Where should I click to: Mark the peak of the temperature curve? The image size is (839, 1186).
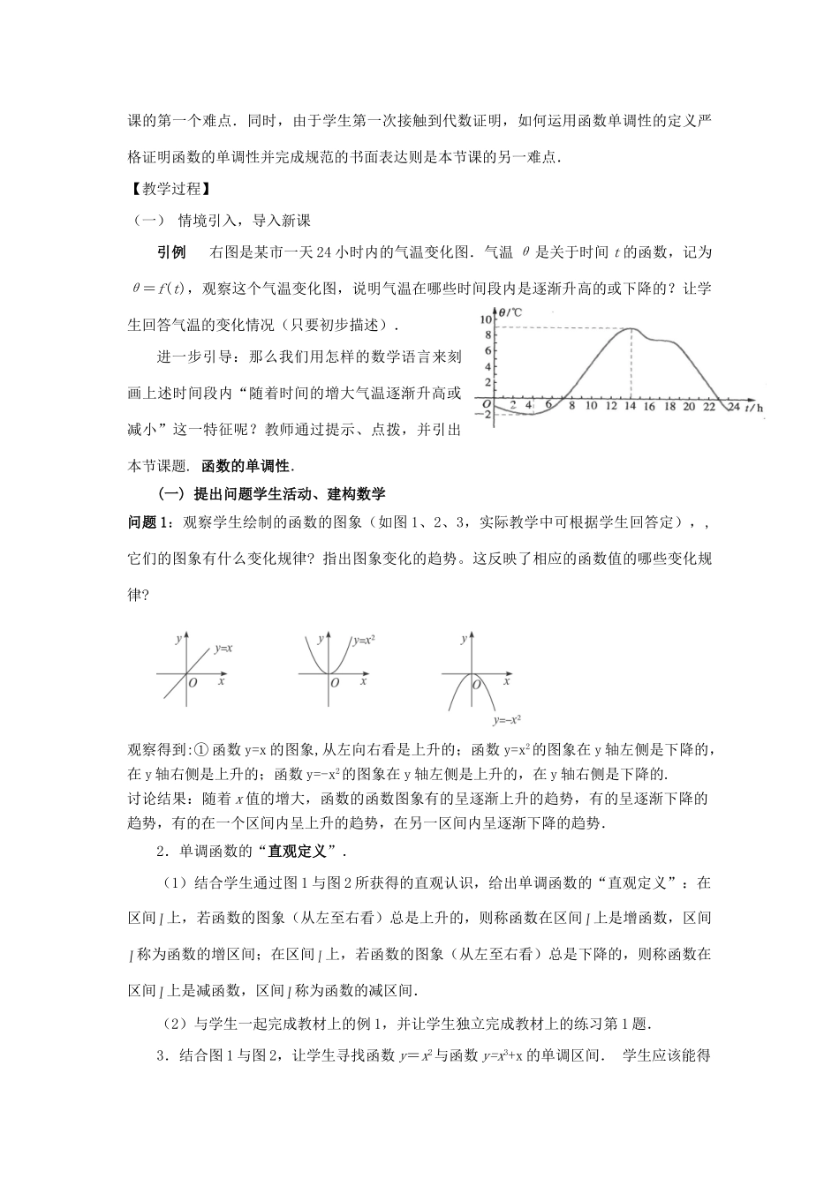coord(630,328)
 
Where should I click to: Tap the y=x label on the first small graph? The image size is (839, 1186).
coord(223,649)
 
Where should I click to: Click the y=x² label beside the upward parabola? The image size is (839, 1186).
coord(364,641)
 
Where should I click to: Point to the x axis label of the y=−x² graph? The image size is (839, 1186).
coord(506,681)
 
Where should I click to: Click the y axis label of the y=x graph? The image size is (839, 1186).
coord(178,637)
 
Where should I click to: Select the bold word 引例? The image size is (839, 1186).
coord(171,252)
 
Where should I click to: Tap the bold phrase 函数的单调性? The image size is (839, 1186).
coord(248,465)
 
